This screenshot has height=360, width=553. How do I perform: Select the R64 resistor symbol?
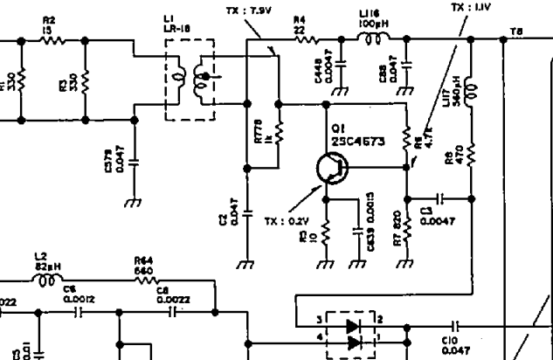tap(144, 281)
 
